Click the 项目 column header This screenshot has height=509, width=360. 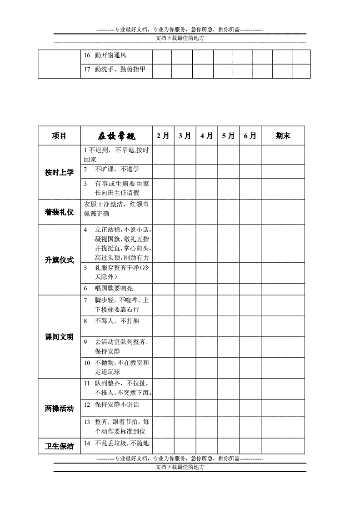click(59, 135)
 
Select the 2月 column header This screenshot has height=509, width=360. click(163, 135)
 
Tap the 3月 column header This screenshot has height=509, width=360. click(185, 135)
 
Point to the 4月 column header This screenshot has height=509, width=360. click(206, 135)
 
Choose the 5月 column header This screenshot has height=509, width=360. click(228, 135)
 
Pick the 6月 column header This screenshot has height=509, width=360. click(250, 135)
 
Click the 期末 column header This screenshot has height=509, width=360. click(283, 135)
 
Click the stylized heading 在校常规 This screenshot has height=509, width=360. click(116, 136)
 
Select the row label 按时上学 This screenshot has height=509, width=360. click(59, 172)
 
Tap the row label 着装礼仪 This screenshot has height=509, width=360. click(59, 212)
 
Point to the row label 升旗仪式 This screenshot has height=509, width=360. click(59, 259)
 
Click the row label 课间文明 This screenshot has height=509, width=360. click(59, 337)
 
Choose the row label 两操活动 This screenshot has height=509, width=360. click(59, 409)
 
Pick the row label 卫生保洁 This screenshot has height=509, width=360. click(59, 446)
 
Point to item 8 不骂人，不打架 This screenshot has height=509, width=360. click(111, 321)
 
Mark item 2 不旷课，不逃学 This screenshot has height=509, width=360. click(111, 169)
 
